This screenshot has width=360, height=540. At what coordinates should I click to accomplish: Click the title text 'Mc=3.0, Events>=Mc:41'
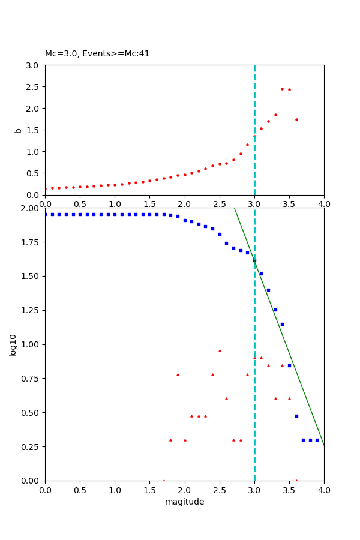point(97,54)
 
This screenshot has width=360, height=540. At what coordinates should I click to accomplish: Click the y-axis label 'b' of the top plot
point(19,130)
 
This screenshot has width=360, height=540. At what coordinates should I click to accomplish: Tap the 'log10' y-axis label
point(13,344)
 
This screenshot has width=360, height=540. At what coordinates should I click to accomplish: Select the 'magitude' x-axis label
point(184,502)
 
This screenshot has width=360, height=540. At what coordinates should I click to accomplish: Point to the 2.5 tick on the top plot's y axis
point(33,87)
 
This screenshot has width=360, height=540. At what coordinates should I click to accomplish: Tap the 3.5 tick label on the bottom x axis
point(289,490)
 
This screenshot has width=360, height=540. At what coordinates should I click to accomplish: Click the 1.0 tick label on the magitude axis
point(115,490)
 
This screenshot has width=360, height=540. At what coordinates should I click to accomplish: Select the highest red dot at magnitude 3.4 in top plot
point(282,89)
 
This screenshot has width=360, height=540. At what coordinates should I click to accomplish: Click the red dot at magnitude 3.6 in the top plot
point(296,119)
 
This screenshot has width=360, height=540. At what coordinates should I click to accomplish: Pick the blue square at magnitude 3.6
point(296,416)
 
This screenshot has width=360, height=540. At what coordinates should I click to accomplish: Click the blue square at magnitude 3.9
point(317,440)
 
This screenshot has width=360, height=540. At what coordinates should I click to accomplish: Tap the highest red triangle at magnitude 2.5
point(220,350)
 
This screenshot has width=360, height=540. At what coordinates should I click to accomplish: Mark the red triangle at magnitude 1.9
point(178,374)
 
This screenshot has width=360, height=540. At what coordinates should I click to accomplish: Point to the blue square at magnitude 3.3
point(275,310)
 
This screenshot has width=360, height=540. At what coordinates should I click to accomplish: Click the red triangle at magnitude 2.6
point(226,398)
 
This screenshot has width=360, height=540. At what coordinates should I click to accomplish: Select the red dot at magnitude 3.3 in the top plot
point(275,115)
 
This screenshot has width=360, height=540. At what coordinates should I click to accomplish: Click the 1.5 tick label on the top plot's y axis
point(33,130)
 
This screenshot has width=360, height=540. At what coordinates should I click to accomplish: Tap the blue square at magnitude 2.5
point(220,234)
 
